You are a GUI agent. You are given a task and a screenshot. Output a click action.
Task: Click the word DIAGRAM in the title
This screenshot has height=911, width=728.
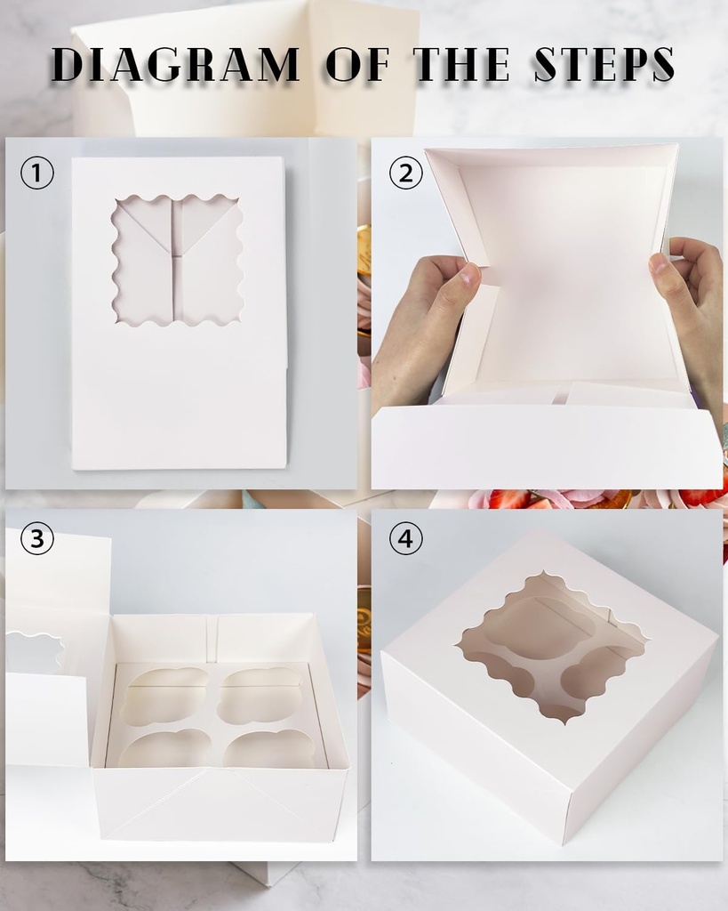tap(175, 64)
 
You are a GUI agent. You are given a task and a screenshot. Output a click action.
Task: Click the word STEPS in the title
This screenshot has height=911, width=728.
tap(604, 64)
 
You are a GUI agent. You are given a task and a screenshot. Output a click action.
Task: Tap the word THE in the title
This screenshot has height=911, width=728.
tap(460, 64)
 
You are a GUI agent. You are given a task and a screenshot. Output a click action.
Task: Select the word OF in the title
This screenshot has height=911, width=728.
tap(357, 64)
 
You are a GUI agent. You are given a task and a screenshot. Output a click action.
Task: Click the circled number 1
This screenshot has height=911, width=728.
tap(37, 173)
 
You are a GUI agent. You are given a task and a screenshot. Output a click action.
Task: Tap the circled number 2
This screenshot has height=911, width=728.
tap(406, 173)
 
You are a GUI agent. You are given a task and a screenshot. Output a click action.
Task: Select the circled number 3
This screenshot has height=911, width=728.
tap(37, 538)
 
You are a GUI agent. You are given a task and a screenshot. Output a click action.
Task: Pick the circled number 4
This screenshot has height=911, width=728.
tap(406, 538)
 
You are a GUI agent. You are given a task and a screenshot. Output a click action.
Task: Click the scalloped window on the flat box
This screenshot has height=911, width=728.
tap(179, 260)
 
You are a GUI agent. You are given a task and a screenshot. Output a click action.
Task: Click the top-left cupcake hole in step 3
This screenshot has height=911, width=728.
tap(166, 694)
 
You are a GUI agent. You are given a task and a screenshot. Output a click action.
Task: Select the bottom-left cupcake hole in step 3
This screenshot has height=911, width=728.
tap(160, 749)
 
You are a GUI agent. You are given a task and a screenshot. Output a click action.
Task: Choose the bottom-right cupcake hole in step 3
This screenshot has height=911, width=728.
tap(269, 749)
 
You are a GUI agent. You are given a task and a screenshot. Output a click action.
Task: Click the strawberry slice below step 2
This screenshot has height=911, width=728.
tap(509, 499)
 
